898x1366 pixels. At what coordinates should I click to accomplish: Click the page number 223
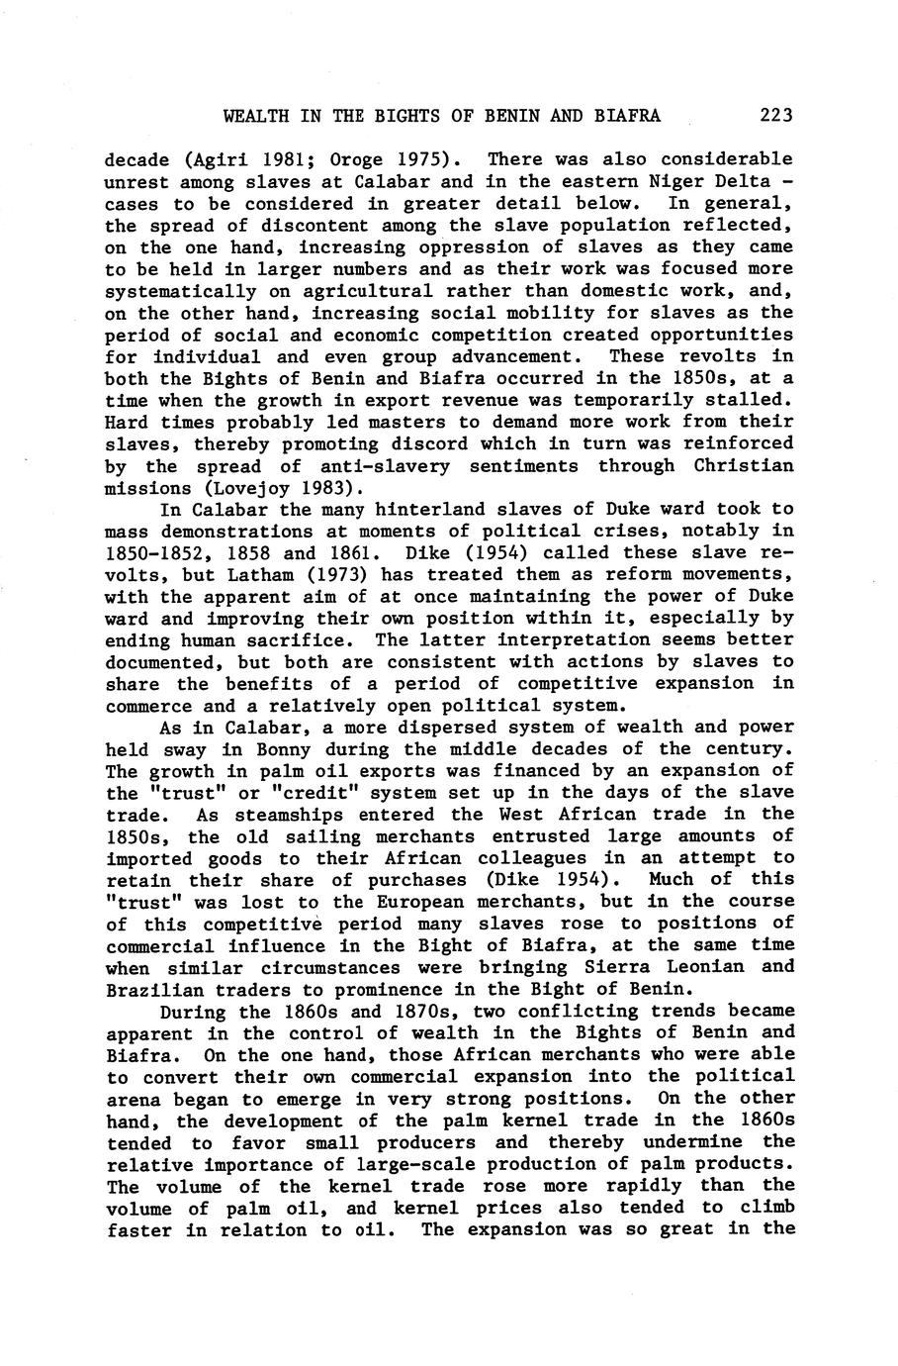pos(776,116)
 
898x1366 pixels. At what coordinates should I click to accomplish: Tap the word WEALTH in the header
pos(255,116)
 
